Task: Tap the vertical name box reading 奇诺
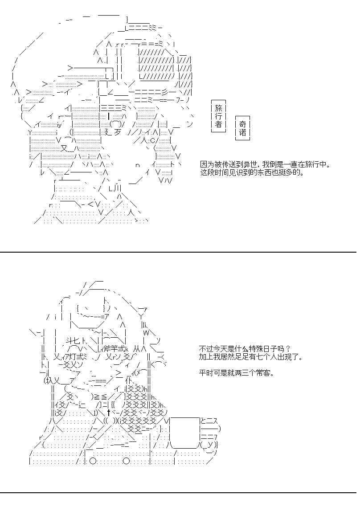click(242, 128)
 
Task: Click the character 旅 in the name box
click(218, 108)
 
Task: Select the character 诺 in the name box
click(242, 133)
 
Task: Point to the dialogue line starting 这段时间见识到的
click(252, 172)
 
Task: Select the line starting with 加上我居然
click(251, 357)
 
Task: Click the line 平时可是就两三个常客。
click(237, 372)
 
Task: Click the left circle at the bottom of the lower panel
click(93, 461)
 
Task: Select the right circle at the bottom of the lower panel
click(126, 461)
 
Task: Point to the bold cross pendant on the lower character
click(109, 413)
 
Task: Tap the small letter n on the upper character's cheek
click(138, 165)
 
